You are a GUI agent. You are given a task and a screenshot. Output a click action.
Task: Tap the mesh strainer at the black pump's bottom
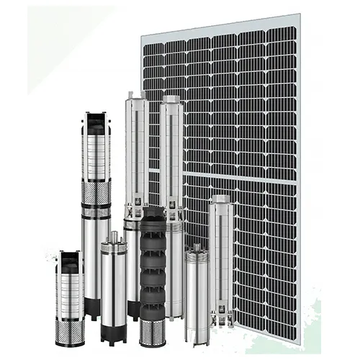click(x=153, y=333)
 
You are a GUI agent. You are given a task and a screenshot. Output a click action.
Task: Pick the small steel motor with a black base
click(x=112, y=288)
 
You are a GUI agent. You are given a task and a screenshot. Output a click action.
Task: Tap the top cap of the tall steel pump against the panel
click(x=171, y=99)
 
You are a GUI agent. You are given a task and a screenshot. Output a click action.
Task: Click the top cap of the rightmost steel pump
click(x=222, y=199)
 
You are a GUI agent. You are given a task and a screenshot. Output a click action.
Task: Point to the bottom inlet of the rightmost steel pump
click(x=220, y=317)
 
